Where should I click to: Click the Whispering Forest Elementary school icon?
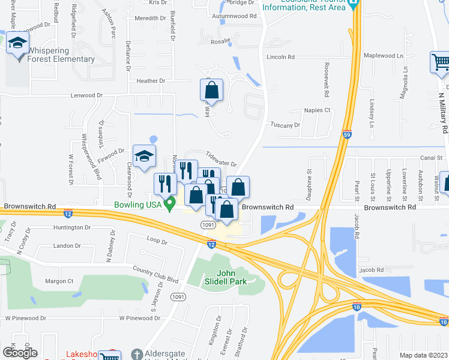[x=18, y=43]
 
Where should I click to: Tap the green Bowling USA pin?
[x=170, y=204]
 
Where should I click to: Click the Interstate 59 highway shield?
[x=347, y=136]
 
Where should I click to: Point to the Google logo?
[x=20, y=353]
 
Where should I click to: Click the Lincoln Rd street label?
[x=281, y=57]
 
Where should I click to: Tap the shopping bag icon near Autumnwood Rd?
[x=211, y=92]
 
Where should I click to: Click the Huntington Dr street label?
[x=71, y=227]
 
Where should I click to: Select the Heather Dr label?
[x=151, y=81]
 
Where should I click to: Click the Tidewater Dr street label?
[x=221, y=158]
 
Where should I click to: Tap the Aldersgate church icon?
[x=136, y=354]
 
